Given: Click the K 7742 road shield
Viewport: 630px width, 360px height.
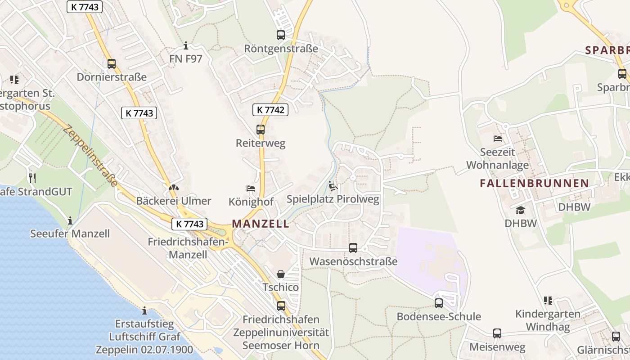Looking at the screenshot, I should click(270, 109).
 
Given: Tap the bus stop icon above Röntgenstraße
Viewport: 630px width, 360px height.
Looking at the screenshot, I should click(281, 35).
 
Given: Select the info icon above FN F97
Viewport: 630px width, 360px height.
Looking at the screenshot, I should click(186, 45).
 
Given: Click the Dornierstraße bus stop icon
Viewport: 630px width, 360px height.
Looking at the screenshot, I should click(112, 64).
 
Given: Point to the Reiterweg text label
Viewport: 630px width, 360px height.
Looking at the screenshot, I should click(261, 144).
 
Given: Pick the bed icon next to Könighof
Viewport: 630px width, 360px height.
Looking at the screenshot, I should click(251, 188).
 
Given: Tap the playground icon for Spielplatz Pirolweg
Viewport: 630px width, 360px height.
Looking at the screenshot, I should click(333, 185).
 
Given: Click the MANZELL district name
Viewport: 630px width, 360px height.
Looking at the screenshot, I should click(261, 224).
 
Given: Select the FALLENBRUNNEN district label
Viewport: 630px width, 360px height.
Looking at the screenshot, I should click(534, 183).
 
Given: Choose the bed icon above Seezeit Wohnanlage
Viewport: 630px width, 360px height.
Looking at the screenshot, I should click(498, 138).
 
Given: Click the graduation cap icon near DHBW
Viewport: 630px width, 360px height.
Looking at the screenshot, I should click(521, 210).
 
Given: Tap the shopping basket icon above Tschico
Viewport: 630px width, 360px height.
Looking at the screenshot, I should click(281, 274).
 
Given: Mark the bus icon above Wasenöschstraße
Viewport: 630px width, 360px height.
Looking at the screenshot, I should click(353, 247).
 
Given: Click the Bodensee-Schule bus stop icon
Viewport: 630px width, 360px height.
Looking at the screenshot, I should click(439, 303).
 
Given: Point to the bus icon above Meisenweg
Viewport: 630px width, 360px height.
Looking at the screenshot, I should click(497, 333).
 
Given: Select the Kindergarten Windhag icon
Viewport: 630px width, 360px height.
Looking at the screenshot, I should click(548, 300).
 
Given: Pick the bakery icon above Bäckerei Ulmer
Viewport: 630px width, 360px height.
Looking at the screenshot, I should click(174, 187).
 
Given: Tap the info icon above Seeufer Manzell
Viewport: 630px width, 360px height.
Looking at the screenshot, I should click(70, 220).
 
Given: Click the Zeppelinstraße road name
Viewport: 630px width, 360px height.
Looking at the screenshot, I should click(90, 156).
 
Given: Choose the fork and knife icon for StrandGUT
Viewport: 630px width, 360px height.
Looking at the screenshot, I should click(32, 178).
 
